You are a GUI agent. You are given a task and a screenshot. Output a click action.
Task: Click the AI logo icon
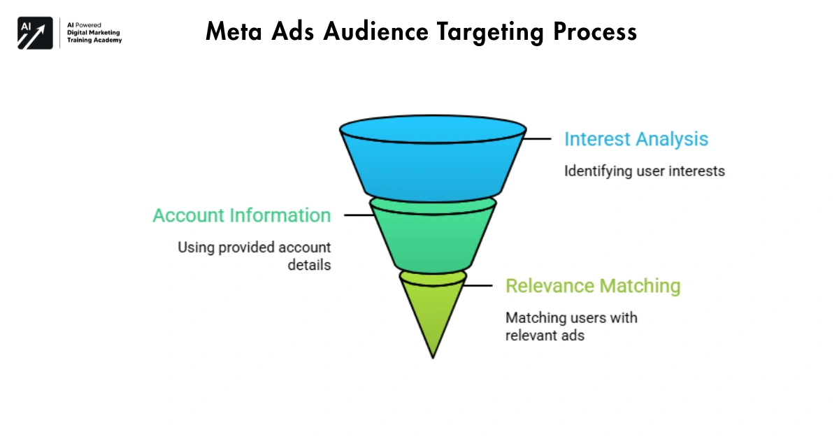tap(35, 33)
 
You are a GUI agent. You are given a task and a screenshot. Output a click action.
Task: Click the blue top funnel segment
tap(433, 164)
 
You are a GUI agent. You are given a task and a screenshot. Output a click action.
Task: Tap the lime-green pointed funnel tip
tap(433, 308)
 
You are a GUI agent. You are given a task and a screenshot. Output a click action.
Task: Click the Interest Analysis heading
tap(636, 139)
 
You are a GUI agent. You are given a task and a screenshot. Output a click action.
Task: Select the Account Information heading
tap(242, 215)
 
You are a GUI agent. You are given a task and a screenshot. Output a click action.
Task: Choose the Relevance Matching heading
tap(593, 286)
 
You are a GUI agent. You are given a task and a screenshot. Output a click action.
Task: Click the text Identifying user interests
tap(645, 171)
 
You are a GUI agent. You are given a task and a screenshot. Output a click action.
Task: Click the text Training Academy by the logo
tap(94, 41)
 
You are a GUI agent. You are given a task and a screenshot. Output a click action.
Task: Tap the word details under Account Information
tap(308, 266)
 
